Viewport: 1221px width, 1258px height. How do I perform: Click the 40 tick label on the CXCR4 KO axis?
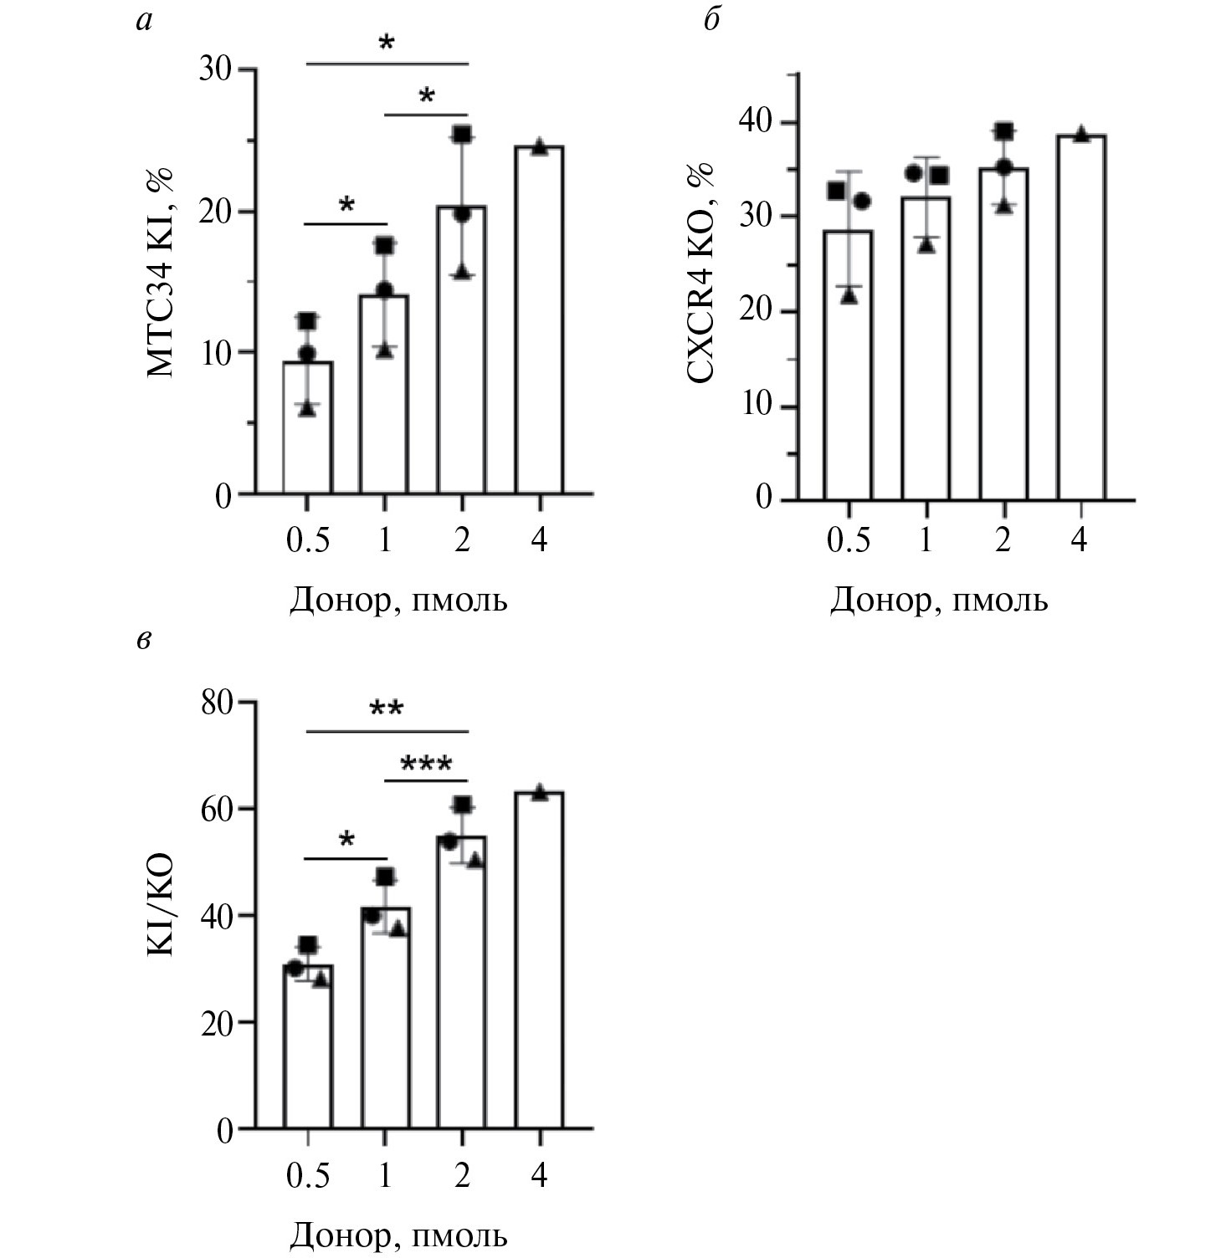tap(755, 122)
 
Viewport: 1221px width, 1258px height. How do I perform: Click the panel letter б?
tap(711, 19)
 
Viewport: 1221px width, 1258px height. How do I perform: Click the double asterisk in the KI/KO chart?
tap(387, 709)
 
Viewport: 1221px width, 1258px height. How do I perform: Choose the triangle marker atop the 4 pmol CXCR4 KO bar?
tap(1080, 134)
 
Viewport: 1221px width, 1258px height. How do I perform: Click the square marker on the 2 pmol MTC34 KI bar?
tap(462, 134)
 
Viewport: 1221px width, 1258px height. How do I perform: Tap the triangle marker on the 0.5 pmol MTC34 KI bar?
tap(308, 408)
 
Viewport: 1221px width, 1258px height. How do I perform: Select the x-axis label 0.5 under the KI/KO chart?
tap(308, 1176)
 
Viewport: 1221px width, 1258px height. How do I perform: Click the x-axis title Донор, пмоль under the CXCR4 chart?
tap(938, 601)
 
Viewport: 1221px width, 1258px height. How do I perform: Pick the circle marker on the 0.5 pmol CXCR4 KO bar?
tap(862, 201)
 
